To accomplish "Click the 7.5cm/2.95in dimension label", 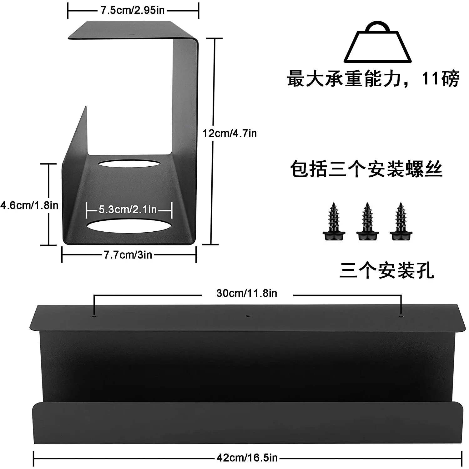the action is point(133,10).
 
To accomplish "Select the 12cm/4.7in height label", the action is point(230,134).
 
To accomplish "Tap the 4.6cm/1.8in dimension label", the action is point(29,206).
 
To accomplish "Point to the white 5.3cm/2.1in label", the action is point(128,209).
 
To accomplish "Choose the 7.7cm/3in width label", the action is point(128,255).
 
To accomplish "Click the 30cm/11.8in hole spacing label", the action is point(247,293).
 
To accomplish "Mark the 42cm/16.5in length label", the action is point(247,458).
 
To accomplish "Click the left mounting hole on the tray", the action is point(94,316).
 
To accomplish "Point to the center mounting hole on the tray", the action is point(248,316).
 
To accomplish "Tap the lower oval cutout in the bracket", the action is point(129,226).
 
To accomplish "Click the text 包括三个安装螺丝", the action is point(366,169).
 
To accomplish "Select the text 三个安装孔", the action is point(387,270).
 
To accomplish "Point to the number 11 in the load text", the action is point(431,79).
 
